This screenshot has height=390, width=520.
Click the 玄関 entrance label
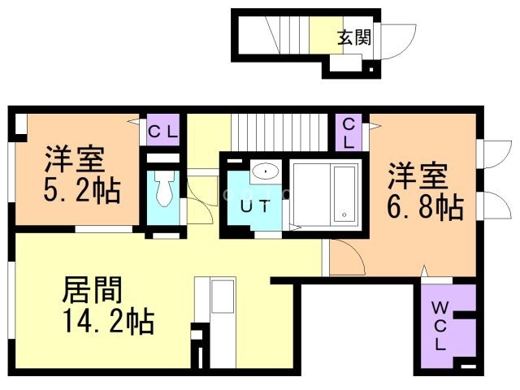354,37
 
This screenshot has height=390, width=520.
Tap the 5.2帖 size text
82,191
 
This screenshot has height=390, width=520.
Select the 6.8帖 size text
425,207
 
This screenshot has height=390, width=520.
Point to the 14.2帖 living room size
110,321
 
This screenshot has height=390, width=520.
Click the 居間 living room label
93,290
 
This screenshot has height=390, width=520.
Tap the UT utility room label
255,206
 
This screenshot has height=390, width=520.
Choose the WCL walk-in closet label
440,327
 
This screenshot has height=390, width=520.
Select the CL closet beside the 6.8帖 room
349,133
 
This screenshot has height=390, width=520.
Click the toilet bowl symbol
164,188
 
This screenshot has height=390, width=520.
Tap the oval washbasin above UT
266,171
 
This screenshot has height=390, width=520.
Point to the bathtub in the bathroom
344,193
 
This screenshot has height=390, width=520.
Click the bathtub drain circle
344,214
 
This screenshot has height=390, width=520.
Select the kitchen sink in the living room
223,296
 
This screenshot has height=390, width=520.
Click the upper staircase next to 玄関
287,35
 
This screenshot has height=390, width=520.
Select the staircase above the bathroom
279,132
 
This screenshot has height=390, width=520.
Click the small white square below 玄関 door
371,70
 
